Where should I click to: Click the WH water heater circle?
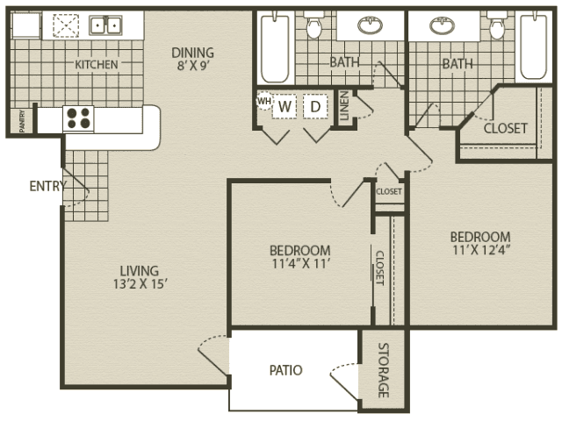point(264,102)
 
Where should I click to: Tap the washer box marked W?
point(285,106)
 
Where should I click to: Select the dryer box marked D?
point(315,106)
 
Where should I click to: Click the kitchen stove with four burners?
point(78,118)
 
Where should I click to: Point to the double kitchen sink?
point(105,25)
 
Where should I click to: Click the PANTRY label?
point(22,121)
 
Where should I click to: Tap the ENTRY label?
point(47,186)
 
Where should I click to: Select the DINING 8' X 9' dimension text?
point(193,66)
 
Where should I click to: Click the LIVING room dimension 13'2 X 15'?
point(140,284)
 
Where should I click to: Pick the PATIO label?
point(286,370)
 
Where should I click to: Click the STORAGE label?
point(384,370)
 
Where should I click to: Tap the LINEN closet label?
point(344,105)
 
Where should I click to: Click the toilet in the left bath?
point(314,25)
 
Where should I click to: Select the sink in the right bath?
point(442,26)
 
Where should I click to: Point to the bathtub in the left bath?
point(275,47)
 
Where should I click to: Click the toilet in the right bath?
point(497,25)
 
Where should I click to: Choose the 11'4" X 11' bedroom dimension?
point(300,264)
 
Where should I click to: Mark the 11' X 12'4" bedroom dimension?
point(481,250)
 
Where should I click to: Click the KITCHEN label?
point(97,65)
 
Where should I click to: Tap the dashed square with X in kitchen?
point(66,25)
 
